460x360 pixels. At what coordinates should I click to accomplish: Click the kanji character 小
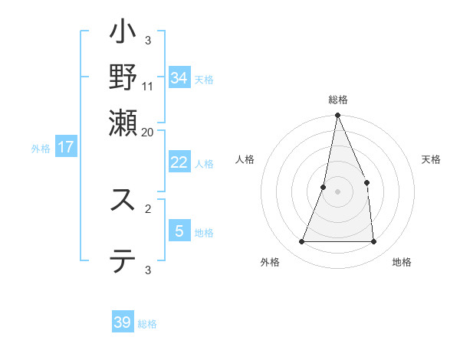(x=123, y=34)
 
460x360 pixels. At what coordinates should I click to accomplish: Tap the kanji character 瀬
(x=123, y=123)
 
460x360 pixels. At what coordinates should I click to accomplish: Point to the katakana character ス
(x=123, y=200)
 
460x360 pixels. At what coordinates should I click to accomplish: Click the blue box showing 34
(x=179, y=78)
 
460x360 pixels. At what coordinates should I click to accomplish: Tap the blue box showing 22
(x=179, y=162)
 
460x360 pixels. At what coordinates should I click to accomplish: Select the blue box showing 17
(x=66, y=147)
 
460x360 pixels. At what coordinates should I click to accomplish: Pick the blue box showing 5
(x=179, y=231)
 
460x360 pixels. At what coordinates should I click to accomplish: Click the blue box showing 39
(x=123, y=322)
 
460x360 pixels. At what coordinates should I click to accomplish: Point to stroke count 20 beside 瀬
(x=148, y=132)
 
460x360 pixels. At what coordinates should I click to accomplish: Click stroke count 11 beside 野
(x=148, y=86)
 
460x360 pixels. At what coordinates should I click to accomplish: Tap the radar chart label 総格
(x=337, y=100)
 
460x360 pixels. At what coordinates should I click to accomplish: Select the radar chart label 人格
(x=245, y=159)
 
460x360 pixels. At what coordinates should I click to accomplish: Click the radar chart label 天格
(x=431, y=159)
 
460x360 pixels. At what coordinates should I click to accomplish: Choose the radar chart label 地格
(x=402, y=263)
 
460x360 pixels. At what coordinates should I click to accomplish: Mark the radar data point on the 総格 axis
(x=337, y=116)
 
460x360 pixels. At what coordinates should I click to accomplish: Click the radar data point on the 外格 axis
(x=301, y=242)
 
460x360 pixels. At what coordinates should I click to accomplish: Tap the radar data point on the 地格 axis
(x=373, y=242)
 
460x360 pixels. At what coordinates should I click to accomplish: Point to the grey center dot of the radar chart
(x=337, y=191)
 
